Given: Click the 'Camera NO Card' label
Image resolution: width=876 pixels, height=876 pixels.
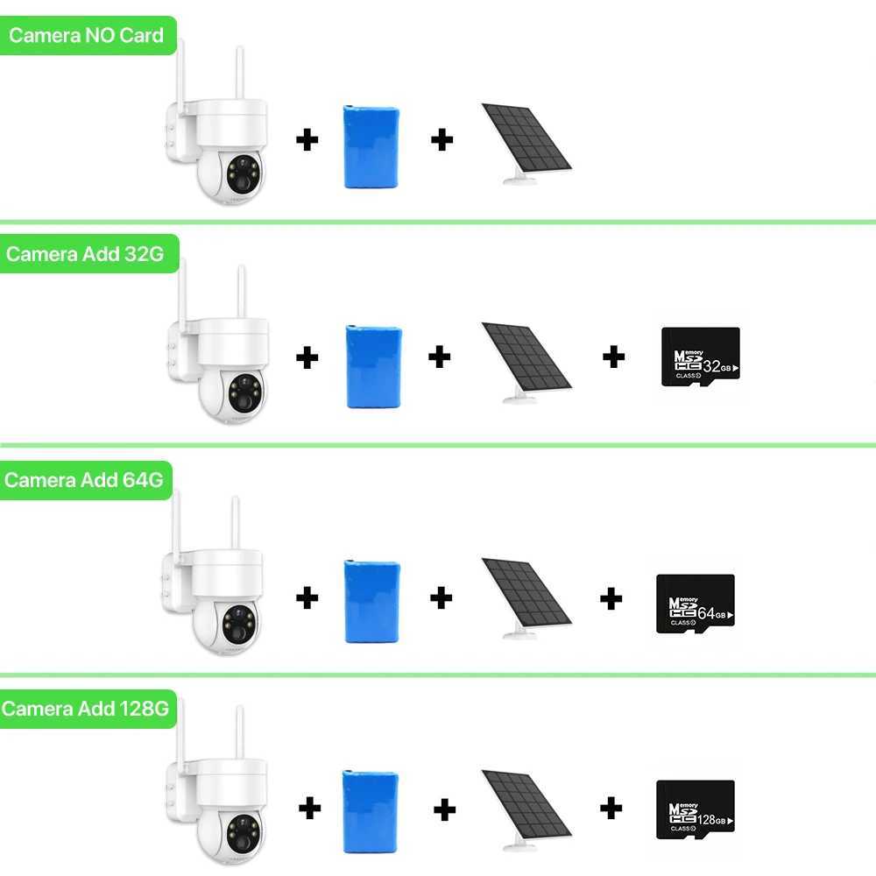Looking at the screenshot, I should (86, 36).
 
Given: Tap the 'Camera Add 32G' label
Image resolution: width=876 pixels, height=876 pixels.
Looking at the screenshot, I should (84, 254).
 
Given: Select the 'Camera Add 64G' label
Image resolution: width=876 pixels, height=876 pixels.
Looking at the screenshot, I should (84, 480).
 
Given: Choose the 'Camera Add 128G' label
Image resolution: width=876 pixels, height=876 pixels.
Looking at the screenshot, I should (85, 708).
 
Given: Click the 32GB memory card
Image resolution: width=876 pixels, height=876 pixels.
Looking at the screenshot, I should (699, 354).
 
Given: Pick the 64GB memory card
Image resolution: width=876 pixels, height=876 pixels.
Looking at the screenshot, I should (695, 604).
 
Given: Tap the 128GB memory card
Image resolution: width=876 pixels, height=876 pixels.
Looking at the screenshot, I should (695, 807).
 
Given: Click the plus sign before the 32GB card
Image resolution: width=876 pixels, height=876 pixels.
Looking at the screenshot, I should (614, 356).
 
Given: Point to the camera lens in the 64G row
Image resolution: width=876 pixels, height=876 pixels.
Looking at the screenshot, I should (238, 618).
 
